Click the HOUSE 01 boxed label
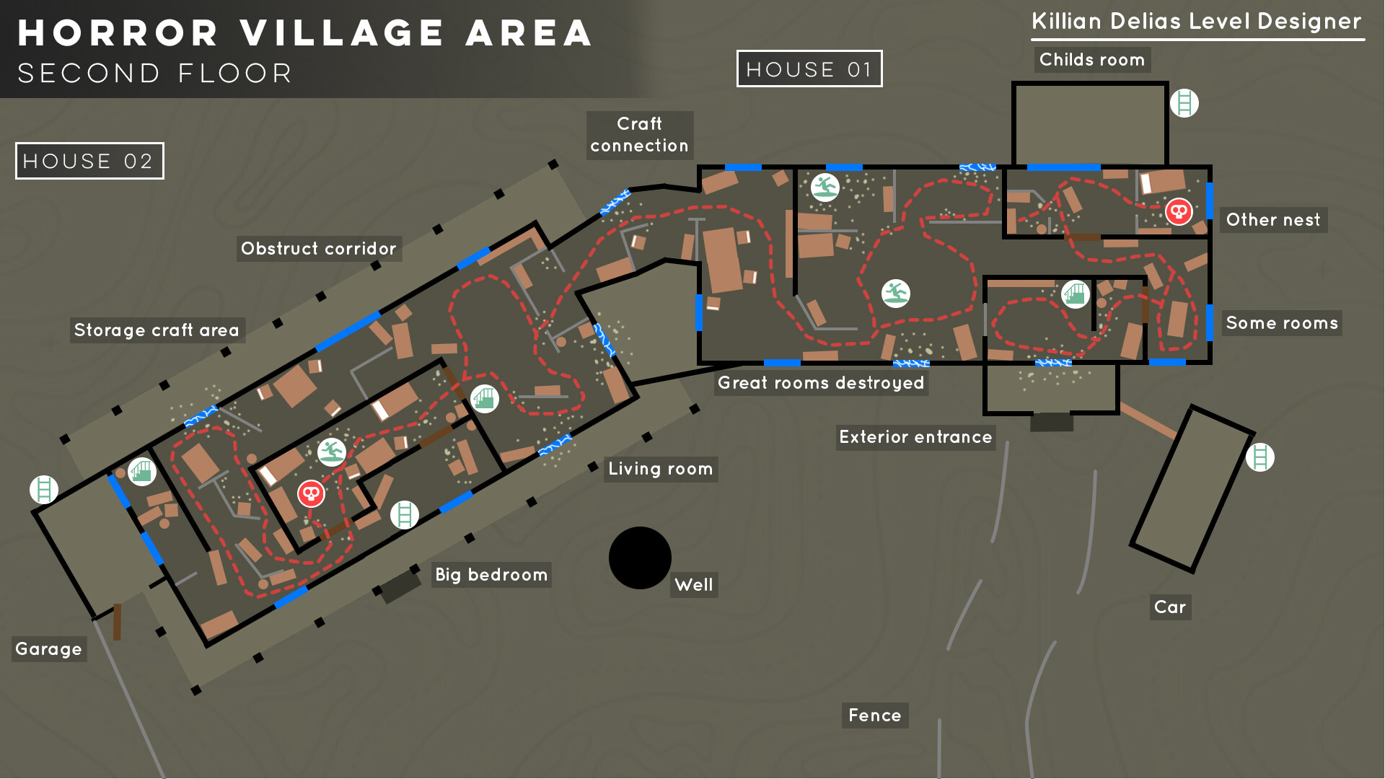[809, 69]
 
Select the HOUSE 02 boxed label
[89, 161]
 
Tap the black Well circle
[640, 558]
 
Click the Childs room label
[1091, 60]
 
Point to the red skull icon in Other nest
[1179, 212]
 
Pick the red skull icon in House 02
[311, 494]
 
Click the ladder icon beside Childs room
[1184, 103]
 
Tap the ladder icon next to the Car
[1259, 457]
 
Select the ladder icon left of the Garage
[44, 490]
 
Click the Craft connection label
[639, 135]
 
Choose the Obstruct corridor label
[318, 249]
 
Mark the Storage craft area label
[157, 330]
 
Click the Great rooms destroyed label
[820, 383]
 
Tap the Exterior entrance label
[915, 437]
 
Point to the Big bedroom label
[491, 575]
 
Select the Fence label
[874, 716]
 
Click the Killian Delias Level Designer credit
[1196, 22]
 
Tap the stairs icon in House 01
[1075, 294]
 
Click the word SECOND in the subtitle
[89, 74]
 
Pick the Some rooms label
[1281, 323]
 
